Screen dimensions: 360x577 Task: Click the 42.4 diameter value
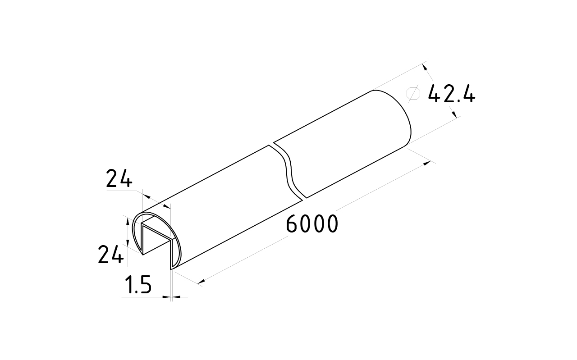451,94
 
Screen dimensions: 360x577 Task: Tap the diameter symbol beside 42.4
413,93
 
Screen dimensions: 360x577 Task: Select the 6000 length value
312,224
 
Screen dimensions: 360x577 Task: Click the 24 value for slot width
119,179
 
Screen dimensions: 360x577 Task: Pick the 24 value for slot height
110,255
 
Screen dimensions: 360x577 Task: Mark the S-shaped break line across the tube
288,171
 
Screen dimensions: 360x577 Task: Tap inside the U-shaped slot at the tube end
157,239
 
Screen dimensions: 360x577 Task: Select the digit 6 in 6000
293,224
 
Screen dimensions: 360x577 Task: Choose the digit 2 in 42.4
450,94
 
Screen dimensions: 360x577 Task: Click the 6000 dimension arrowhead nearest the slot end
201,282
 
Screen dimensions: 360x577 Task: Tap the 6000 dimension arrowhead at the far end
427,163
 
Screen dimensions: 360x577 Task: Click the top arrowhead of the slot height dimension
127,220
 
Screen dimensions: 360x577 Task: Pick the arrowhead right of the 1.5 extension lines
176,296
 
